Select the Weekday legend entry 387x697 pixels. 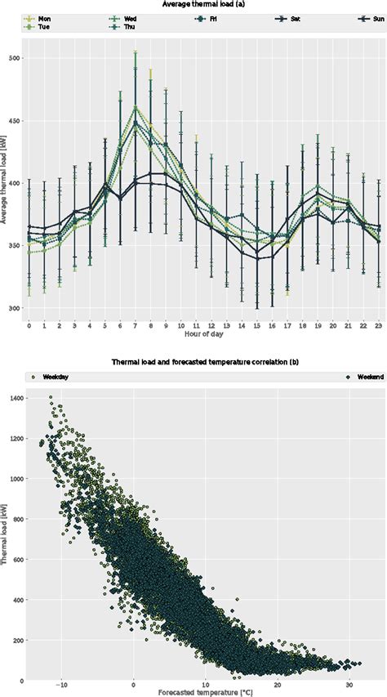pyautogui.click(x=44, y=378)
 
